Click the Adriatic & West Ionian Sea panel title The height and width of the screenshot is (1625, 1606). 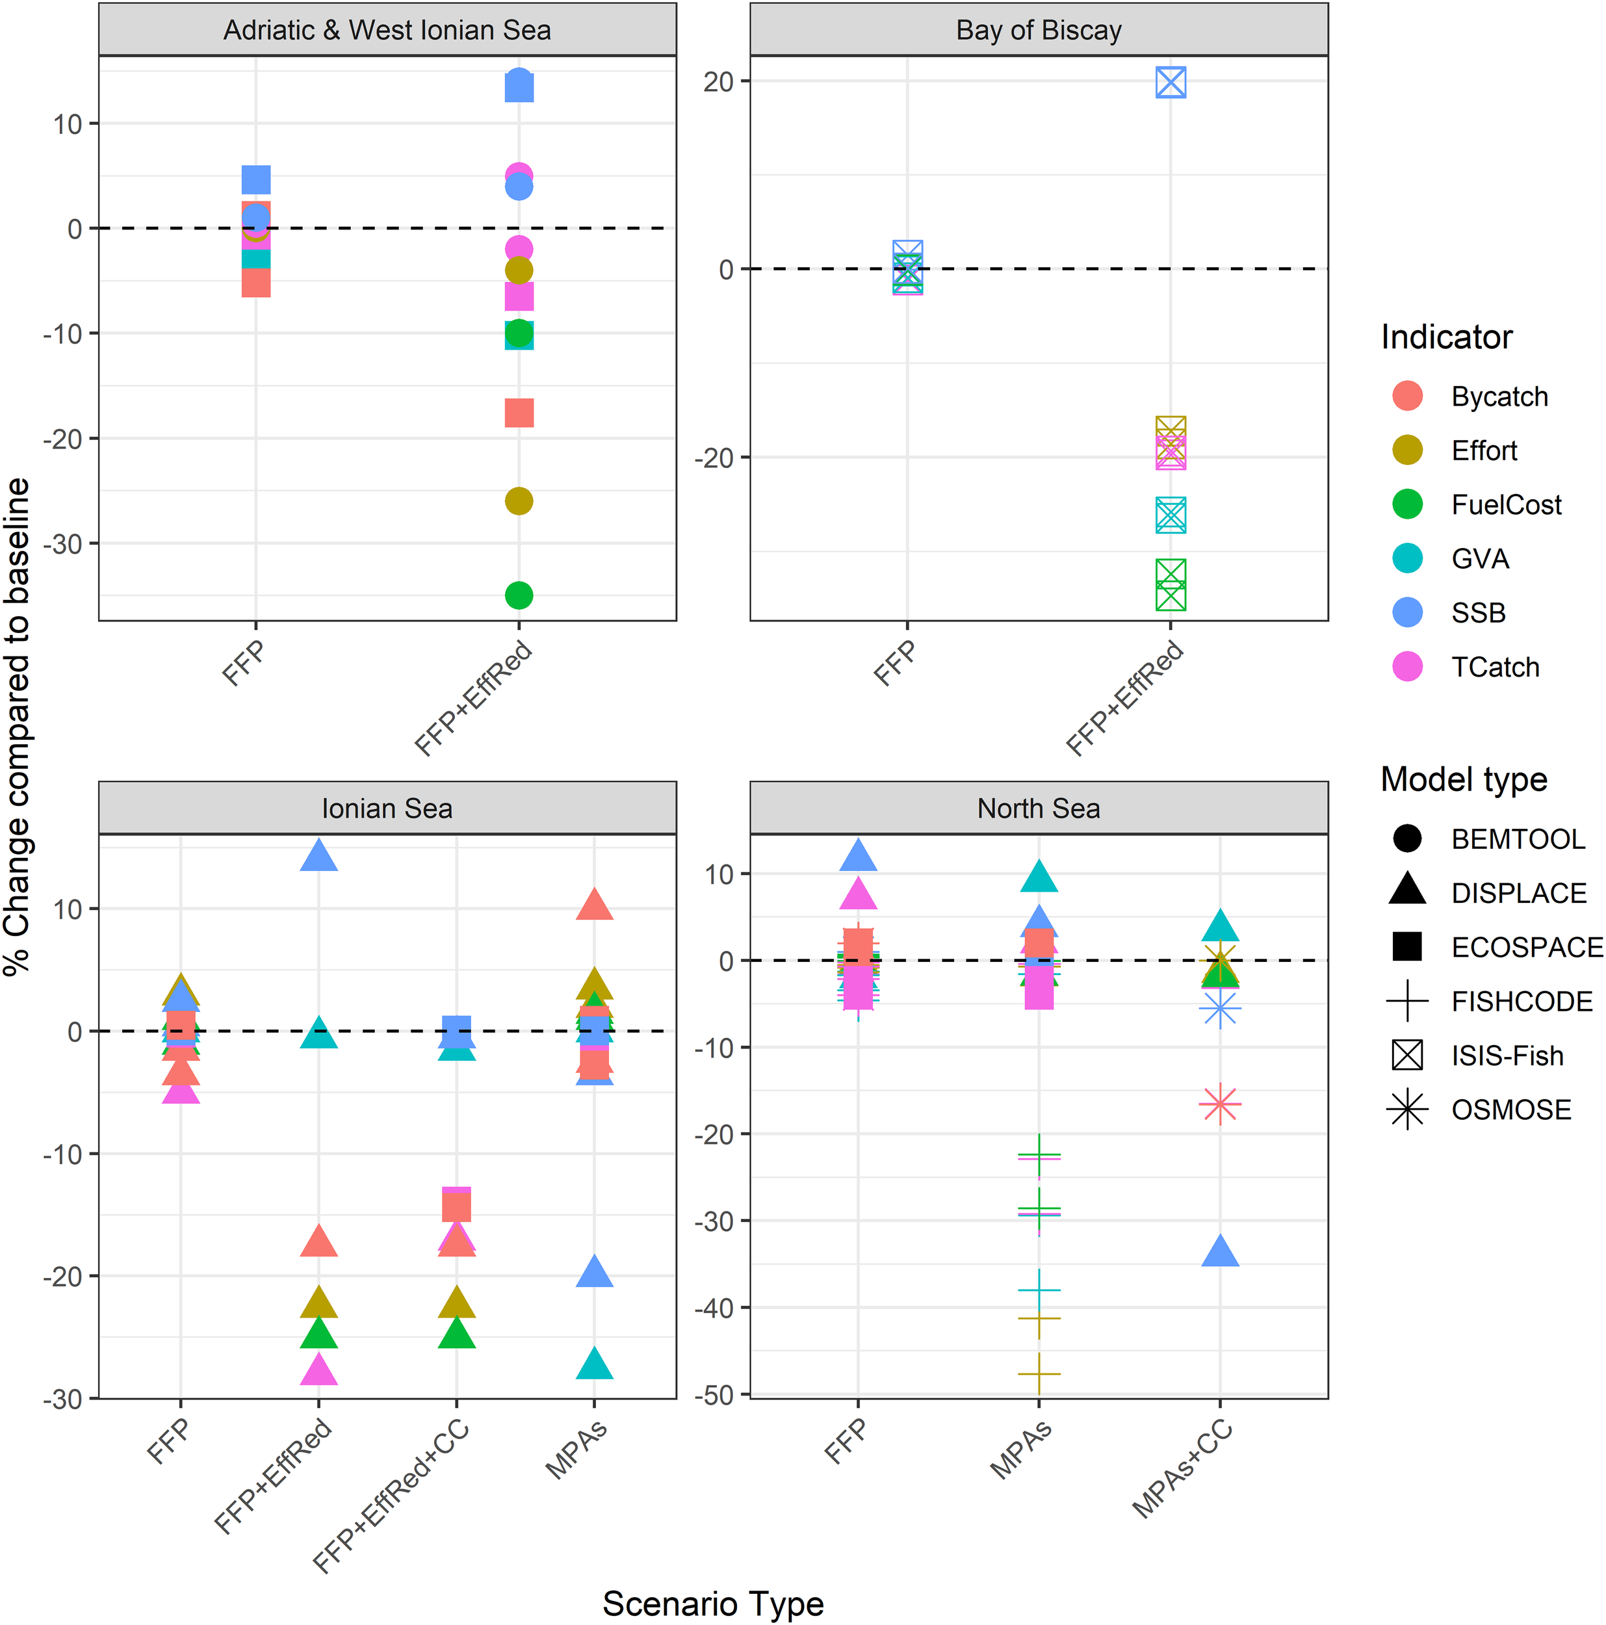387,31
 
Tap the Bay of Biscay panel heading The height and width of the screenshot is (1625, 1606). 1039,31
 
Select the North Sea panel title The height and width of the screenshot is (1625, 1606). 1039,809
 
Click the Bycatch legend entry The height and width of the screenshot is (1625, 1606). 1499,396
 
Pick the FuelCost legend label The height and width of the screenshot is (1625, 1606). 1506,504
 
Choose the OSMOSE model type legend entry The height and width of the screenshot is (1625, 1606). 1511,1110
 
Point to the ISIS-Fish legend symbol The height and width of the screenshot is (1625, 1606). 1408,1055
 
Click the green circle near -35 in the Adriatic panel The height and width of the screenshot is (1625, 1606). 519,595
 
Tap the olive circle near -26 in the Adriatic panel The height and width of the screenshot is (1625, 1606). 519,501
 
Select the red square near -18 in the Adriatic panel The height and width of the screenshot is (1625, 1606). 519,413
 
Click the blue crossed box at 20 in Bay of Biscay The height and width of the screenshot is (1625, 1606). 1171,83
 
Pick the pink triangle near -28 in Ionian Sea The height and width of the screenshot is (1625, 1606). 318,1371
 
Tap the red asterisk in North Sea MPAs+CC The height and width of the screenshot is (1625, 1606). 1220,1104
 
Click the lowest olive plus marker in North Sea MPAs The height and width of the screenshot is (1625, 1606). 1039,1373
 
